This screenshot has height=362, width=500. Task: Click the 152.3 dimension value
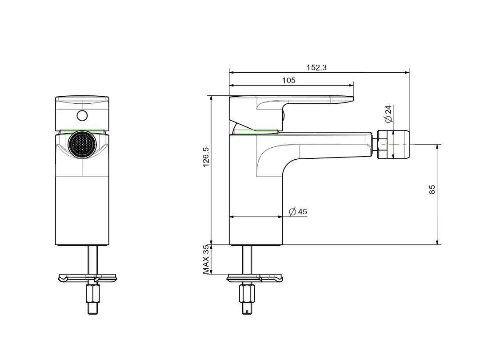coord(316,67)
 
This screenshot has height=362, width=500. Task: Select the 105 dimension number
coord(288,80)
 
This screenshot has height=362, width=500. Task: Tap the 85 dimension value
coord(432,189)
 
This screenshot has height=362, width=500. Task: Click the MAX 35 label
coord(206,260)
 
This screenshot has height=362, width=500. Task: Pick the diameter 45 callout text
coord(298,212)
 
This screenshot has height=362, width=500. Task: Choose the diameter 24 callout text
coord(388,114)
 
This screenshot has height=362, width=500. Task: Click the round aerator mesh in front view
coord(82,144)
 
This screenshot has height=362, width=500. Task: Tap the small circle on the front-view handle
coord(82,116)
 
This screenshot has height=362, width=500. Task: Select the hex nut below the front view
coord(93,294)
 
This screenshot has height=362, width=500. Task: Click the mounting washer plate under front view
coord(88,278)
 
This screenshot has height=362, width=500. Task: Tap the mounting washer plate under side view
coord(254,278)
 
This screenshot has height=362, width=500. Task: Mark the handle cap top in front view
coord(82,99)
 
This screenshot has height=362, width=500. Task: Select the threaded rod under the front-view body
coord(92,260)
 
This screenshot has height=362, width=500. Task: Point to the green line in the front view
coord(82,130)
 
